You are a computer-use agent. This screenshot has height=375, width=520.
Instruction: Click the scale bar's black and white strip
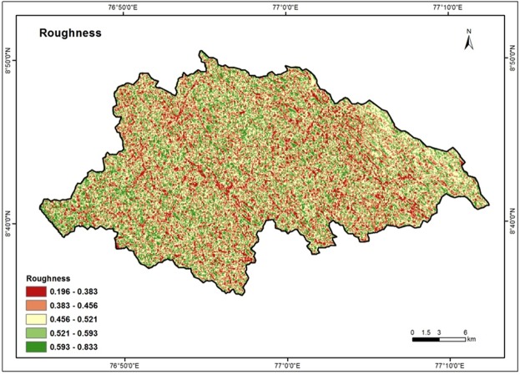(439, 340)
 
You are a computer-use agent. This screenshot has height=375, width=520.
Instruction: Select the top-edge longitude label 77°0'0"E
(285, 8)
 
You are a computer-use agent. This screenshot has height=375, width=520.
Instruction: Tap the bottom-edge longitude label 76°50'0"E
(124, 365)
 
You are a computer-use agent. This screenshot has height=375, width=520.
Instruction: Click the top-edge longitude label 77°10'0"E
(448, 8)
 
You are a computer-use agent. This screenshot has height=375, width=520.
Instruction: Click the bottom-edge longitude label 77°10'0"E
(448, 365)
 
